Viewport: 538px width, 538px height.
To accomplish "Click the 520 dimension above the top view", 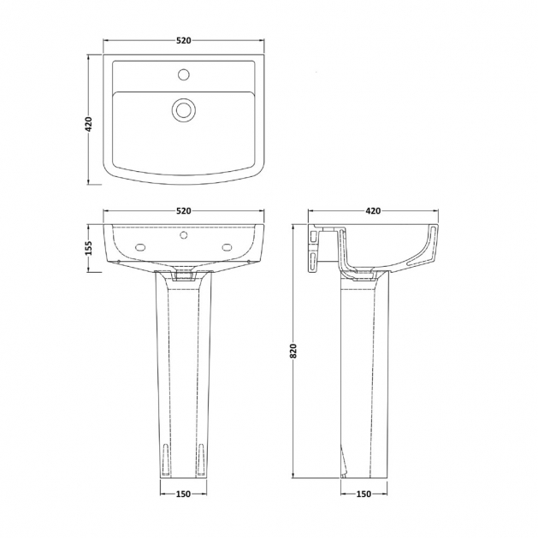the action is pyautogui.click(x=184, y=40).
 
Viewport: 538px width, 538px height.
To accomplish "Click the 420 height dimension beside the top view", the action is pyautogui.click(x=88, y=124).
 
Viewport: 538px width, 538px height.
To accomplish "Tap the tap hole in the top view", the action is pyautogui.click(x=184, y=74).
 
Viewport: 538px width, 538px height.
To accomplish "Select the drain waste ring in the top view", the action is pyautogui.click(x=184, y=109).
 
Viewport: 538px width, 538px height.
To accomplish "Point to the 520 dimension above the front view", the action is pyautogui.click(x=184, y=210).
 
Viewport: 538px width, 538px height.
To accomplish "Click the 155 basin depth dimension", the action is pyautogui.click(x=88, y=248).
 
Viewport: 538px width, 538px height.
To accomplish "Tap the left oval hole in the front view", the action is pyautogui.click(x=140, y=247).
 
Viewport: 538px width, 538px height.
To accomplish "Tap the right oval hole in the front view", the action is pyautogui.click(x=228, y=247).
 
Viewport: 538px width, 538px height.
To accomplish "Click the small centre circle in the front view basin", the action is pyautogui.click(x=184, y=235).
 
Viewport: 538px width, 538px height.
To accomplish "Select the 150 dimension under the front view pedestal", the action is pyautogui.click(x=183, y=494).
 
